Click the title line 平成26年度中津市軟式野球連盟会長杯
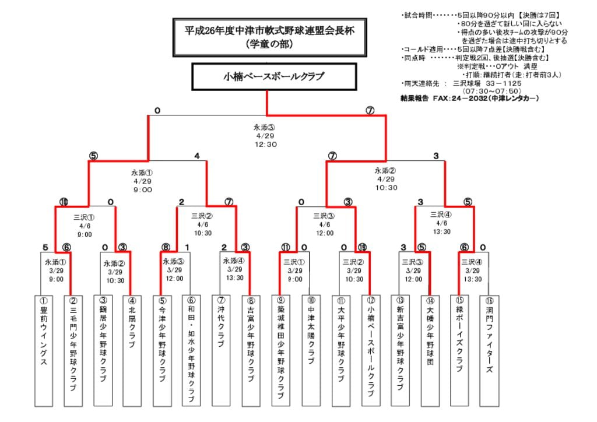[x=269, y=30]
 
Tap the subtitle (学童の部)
[x=269, y=44]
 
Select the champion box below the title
[x=273, y=77]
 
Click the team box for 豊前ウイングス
[x=43, y=350]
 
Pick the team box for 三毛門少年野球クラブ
[x=73, y=350]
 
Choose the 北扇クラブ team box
[x=132, y=350]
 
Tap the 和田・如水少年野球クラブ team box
[x=192, y=350]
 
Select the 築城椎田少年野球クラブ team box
[x=281, y=350]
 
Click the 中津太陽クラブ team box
[x=311, y=350]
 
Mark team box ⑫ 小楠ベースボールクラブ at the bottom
[x=370, y=350]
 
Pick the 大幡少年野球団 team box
[x=430, y=350]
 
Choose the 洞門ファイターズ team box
[x=489, y=350]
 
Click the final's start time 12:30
[x=265, y=145]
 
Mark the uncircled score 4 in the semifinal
[x=197, y=156]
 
